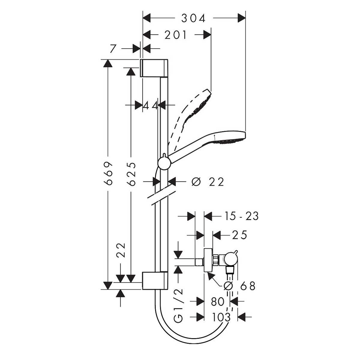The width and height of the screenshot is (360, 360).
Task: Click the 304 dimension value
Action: tap(193, 18)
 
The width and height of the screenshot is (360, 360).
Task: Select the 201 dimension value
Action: tap(176, 35)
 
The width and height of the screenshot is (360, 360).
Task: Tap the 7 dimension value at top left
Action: tap(113, 48)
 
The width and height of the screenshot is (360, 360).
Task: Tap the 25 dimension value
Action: tap(239, 235)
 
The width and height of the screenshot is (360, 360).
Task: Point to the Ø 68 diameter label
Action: tap(239, 286)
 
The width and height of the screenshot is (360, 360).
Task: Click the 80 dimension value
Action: tap(217, 301)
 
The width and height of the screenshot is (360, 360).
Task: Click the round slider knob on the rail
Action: tap(164, 163)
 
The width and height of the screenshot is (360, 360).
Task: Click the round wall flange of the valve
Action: tap(208, 260)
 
